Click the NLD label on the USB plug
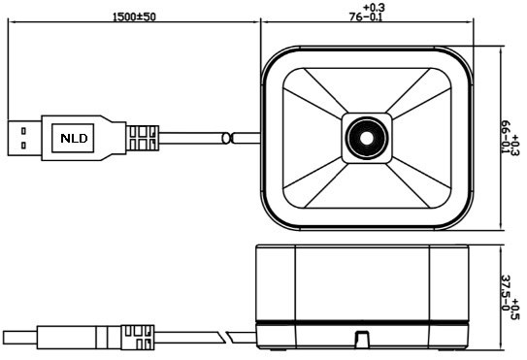pyautogui.click(x=74, y=138)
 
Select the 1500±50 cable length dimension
pyautogui.click(x=134, y=16)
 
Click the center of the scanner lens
pyautogui.click(x=367, y=138)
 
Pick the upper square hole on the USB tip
pyautogui.click(x=23, y=131)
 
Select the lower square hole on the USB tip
pyautogui.click(x=23, y=146)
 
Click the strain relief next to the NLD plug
pyautogui.click(x=143, y=138)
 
